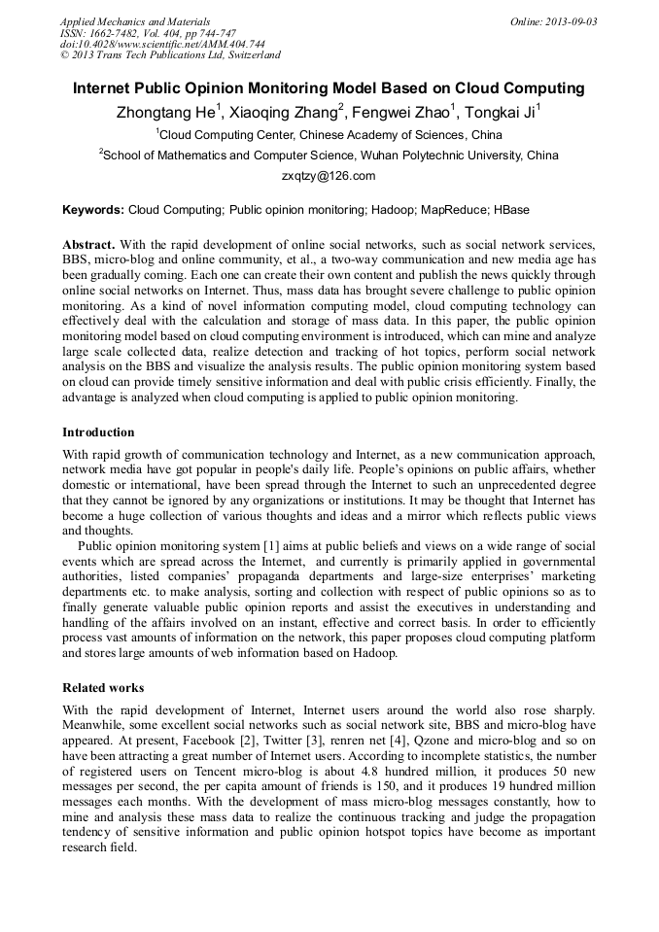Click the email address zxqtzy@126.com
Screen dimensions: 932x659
329,176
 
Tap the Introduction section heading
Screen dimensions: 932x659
98,432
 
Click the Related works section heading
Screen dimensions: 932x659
103,687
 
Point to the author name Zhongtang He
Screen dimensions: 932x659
166,114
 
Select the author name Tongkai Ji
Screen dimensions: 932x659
500,114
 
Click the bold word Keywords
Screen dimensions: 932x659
92,210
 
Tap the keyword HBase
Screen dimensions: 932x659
511,210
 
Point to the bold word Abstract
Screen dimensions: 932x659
88,244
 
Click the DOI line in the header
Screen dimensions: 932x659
162,45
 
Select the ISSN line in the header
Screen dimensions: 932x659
148,33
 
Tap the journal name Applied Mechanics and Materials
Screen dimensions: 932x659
135,21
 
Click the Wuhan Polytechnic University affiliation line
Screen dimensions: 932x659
329,155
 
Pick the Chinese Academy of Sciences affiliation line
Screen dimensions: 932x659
329,134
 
